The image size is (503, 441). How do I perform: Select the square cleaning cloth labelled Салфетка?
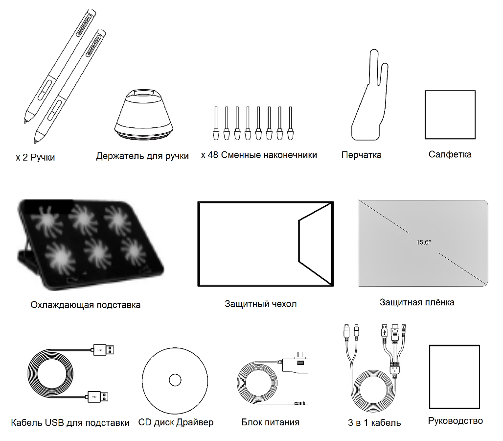pyautogui.click(x=450, y=115)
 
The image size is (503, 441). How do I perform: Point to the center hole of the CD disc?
pyautogui.click(x=175, y=380)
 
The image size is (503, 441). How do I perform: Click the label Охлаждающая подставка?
pyautogui.click(x=85, y=305)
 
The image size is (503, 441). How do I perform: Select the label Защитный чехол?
pyautogui.click(x=260, y=304)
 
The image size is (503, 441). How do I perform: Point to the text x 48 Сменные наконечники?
pyautogui.click(x=259, y=155)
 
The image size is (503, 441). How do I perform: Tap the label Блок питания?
pyautogui.click(x=270, y=422)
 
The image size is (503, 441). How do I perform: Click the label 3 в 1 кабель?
pyautogui.click(x=374, y=422)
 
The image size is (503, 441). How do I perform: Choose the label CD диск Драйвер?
pyautogui.click(x=176, y=422)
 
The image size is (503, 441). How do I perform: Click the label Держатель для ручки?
pyautogui.click(x=142, y=156)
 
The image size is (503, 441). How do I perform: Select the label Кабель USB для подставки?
pyautogui.click(x=70, y=422)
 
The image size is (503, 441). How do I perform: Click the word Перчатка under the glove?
pyautogui.click(x=361, y=155)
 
